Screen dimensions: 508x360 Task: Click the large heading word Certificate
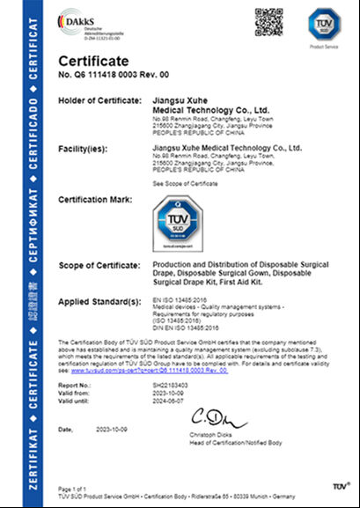pos(92,60)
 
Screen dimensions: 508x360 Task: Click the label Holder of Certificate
pos(95,101)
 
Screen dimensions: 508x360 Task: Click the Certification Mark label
pos(95,201)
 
